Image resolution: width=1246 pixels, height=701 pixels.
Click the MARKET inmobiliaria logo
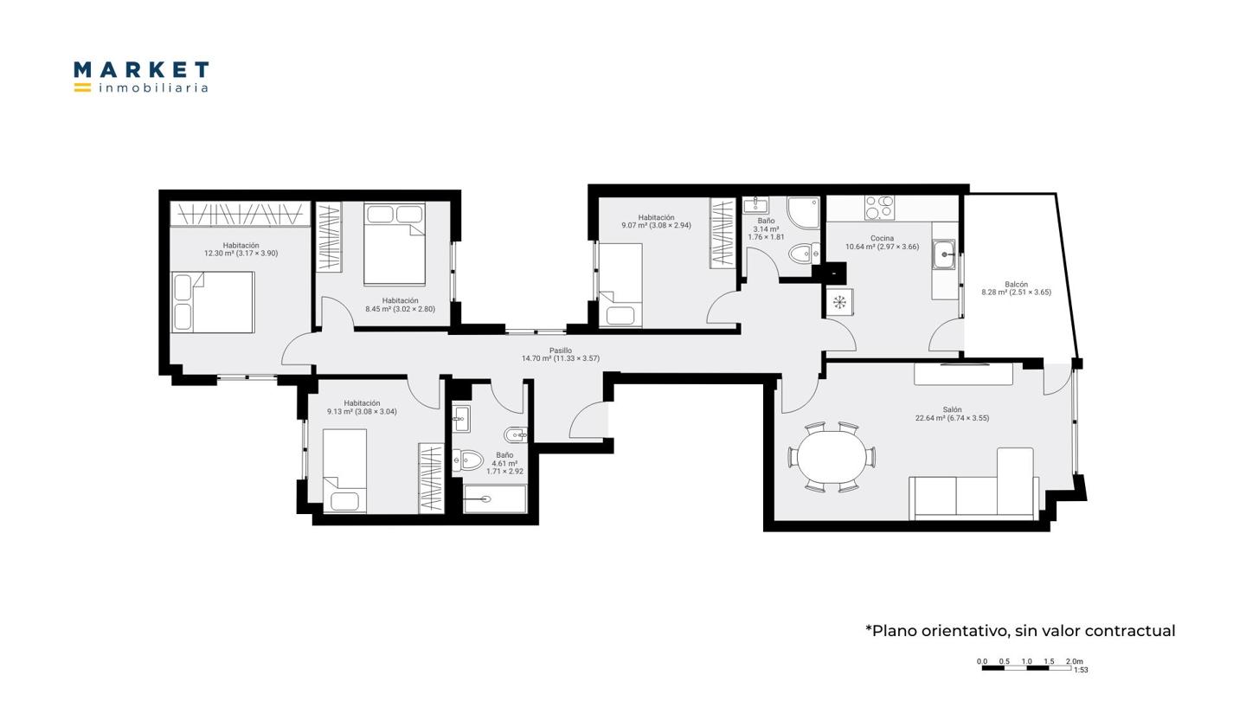(x=141, y=77)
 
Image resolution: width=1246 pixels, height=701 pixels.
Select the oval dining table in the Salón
(x=832, y=457)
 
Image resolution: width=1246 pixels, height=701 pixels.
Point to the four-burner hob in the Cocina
(x=879, y=208)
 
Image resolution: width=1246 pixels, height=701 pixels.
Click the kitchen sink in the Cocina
(x=945, y=254)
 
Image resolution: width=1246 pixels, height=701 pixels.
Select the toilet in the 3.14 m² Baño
(x=804, y=254)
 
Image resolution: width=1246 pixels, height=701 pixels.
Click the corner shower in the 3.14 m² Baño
(x=803, y=212)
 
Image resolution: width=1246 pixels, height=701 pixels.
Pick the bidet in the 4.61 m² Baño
(x=515, y=434)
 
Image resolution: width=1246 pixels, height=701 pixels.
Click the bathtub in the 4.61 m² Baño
(x=495, y=499)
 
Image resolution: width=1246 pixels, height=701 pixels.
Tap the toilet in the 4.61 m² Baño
(x=468, y=460)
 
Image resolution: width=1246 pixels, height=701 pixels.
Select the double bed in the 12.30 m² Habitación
(x=213, y=302)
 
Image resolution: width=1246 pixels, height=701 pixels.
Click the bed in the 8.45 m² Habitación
(x=395, y=244)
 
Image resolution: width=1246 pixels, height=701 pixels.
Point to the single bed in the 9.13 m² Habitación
(x=345, y=471)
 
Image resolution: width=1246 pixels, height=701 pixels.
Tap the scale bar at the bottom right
(x=1026, y=668)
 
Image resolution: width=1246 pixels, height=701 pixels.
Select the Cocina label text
(x=883, y=238)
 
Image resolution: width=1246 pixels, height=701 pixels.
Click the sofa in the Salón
(x=974, y=484)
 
